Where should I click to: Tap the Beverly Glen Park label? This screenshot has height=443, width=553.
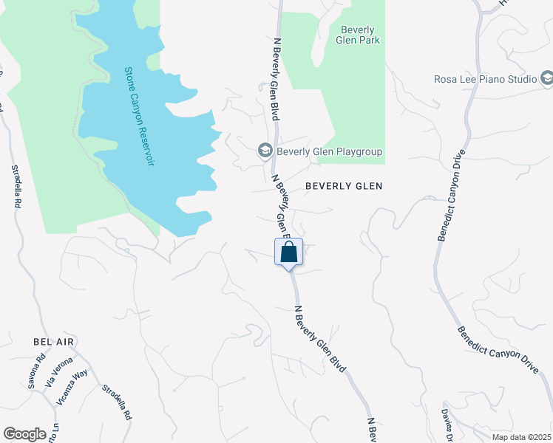pyautogui.click(x=360, y=35)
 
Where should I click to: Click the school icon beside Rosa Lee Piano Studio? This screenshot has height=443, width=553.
pyautogui.click(x=547, y=78)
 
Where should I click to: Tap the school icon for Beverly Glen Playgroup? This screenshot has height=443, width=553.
pyautogui.click(x=265, y=151)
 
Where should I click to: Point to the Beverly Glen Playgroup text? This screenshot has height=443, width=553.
pyautogui.click(x=330, y=152)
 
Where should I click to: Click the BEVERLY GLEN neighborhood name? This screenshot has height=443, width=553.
pyautogui.click(x=342, y=186)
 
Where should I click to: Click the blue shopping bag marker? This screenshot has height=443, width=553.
pyautogui.click(x=288, y=252)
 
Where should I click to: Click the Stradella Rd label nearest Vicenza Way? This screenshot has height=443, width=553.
pyautogui.click(x=116, y=402)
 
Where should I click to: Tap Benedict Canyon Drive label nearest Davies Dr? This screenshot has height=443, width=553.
pyautogui.click(x=497, y=350)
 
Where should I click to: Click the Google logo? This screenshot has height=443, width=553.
pyautogui.click(x=24, y=434)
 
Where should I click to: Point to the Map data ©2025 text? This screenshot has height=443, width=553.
pyautogui.click(x=521, y=437)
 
